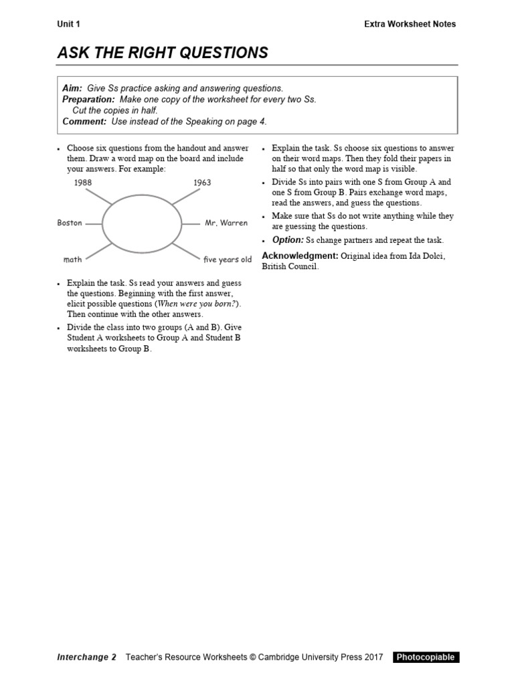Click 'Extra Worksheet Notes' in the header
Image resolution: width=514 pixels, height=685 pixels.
click(410, 24)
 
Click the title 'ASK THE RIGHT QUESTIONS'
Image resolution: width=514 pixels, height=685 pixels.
click(163, 54)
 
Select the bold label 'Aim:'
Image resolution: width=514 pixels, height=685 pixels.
click(72, 88)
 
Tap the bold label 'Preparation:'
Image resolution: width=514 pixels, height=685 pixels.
click(88, 99)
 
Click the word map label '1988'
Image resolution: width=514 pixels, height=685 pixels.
click(83, 183)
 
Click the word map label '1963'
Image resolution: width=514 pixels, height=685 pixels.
click(202, 183)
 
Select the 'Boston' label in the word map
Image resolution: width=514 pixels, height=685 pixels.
click(70, 223)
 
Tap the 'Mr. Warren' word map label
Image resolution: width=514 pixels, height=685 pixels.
click(226, 223)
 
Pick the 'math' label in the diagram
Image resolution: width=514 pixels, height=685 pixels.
click(72, 260)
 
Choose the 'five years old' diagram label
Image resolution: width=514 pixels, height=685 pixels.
click(228, 260)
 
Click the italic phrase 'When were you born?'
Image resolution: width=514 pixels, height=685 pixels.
click(197, 303)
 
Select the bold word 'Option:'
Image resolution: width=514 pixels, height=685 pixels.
click(288, 240)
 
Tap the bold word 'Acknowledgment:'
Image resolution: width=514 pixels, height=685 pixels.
click(301, 256)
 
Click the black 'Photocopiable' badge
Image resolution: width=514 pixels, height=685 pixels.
click(426, 657)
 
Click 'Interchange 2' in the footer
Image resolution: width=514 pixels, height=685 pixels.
click(86, 657)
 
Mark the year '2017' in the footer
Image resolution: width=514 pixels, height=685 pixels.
click(371, 657)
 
